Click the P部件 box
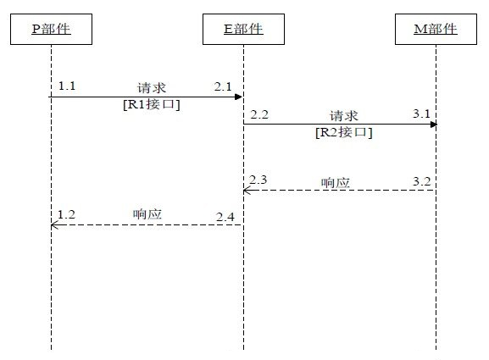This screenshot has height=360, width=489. click(51, 29)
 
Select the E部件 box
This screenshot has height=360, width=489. click(243, 29)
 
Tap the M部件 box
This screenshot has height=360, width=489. click(436, 29)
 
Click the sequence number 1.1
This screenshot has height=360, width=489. click(67, 86)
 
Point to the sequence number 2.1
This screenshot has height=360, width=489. click(223, 86)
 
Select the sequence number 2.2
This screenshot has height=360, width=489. click(259, 114)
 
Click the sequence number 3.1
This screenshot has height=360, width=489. click(422, 114)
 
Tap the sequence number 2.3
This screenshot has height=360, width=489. click(258, 180)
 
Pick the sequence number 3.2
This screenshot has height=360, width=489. click(422, 181)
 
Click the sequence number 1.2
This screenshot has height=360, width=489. click(67, 214)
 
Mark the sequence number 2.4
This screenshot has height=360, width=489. click(225, 217)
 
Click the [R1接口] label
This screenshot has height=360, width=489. click(152, 104)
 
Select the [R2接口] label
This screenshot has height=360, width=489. click(344, 132)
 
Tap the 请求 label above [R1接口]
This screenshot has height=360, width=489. click(152, 88)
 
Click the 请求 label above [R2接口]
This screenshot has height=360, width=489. click(344, 116)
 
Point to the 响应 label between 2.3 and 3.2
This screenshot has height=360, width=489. click(336, 183)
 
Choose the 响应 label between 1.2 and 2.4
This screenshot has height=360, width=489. click(147, 214)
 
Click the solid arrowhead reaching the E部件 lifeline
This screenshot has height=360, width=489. click(239, 97)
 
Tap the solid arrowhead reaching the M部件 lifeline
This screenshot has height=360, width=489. click(433, 125)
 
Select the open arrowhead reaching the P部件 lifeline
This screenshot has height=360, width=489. click(54, 225)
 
